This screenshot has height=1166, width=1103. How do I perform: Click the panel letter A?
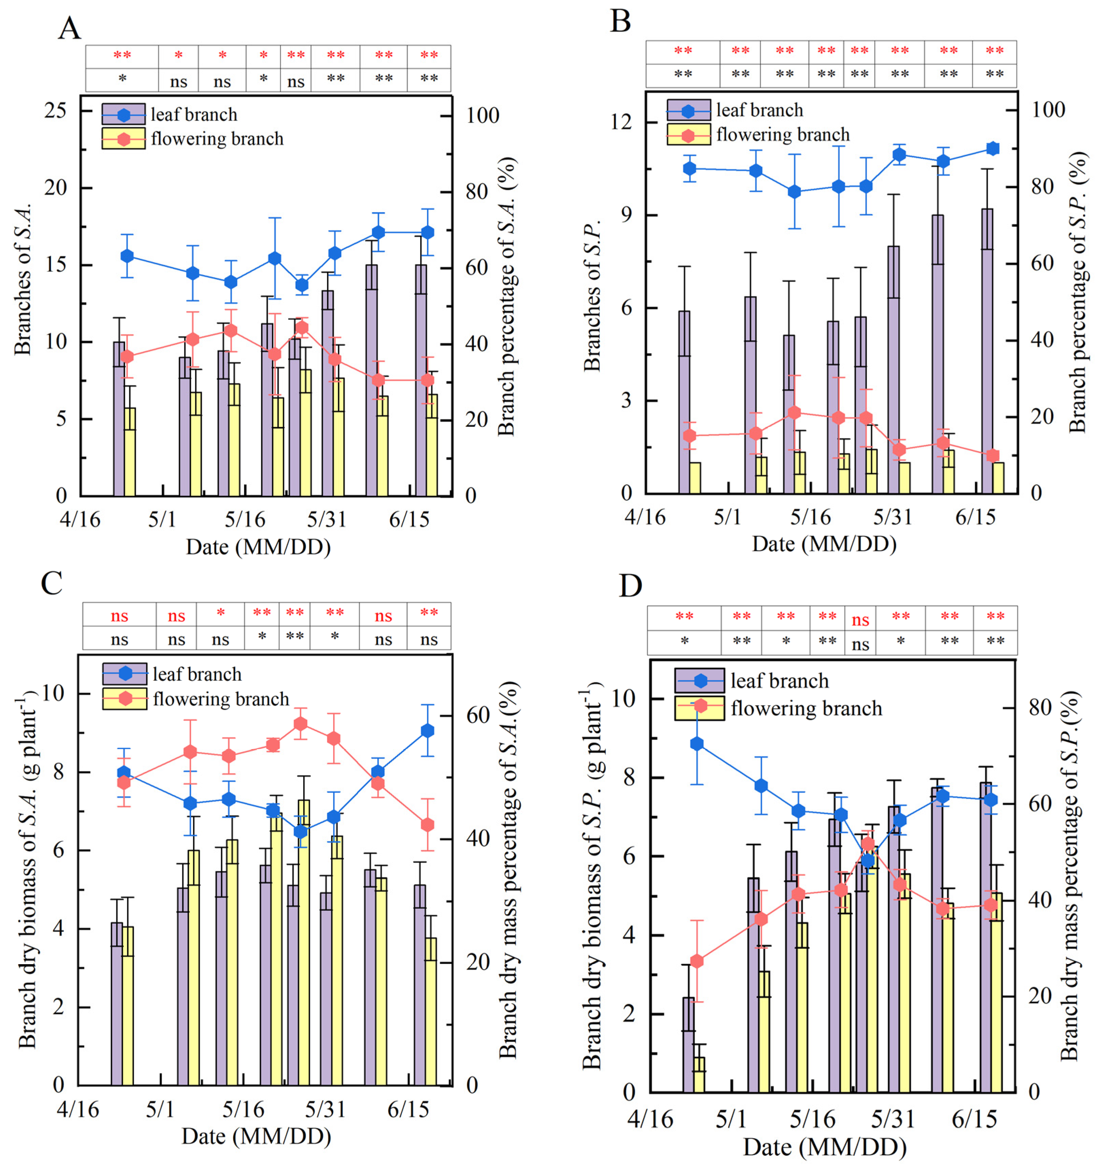69,28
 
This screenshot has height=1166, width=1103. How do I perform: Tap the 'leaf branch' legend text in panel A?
194,114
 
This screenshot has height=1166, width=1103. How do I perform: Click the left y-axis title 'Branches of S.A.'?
22,280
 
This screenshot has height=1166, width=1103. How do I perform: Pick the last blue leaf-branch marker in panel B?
993,149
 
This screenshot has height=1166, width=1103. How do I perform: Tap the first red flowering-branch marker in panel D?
697,961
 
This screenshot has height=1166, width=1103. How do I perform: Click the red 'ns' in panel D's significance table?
860,620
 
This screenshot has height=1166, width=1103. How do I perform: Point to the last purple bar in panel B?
987,351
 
